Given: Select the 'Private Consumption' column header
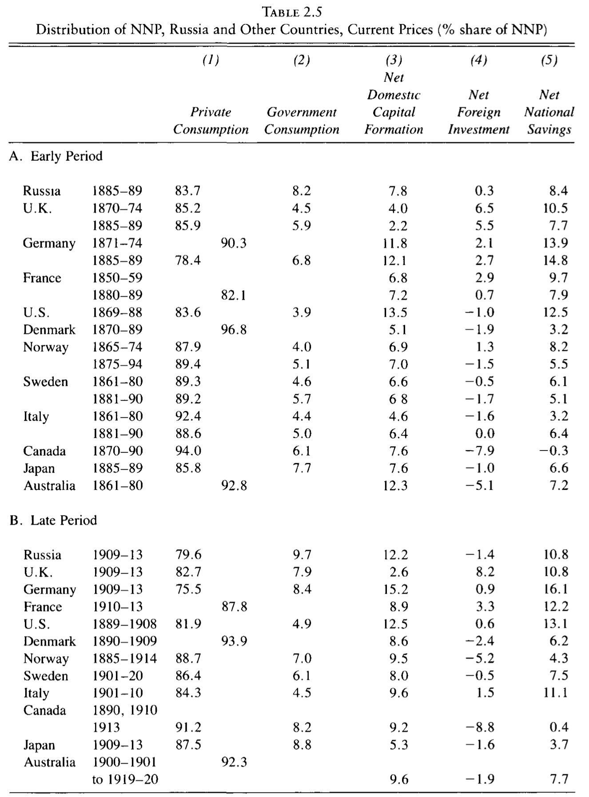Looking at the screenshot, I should [x=211, y=121].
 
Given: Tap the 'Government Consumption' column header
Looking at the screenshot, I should [x=302, y=121].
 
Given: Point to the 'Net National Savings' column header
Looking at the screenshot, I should [x=549, y=112].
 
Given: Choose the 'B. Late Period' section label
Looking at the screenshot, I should [x=53, y=520].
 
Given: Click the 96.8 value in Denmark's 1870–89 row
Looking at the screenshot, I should [x=234, y=330].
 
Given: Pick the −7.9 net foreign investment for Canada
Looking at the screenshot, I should [x=479, y=451].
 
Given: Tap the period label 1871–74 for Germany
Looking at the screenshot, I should [x=117, y=243].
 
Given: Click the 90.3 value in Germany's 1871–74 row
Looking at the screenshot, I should [x=234, y=243].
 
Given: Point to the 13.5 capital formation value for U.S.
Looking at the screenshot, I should [x=395, y=312].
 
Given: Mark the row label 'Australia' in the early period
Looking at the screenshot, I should [x=49, y=486].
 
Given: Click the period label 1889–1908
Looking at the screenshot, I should [x=124, y=624].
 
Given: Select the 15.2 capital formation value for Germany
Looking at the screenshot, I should [x=395, y=590].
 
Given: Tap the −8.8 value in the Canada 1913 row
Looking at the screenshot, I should [x=479, y=728].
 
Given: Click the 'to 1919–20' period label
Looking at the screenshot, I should [x=125, y=780].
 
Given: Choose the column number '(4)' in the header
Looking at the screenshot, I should [x=478, y=60].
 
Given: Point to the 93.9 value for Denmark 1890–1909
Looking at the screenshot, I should [x=234, y=642].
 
